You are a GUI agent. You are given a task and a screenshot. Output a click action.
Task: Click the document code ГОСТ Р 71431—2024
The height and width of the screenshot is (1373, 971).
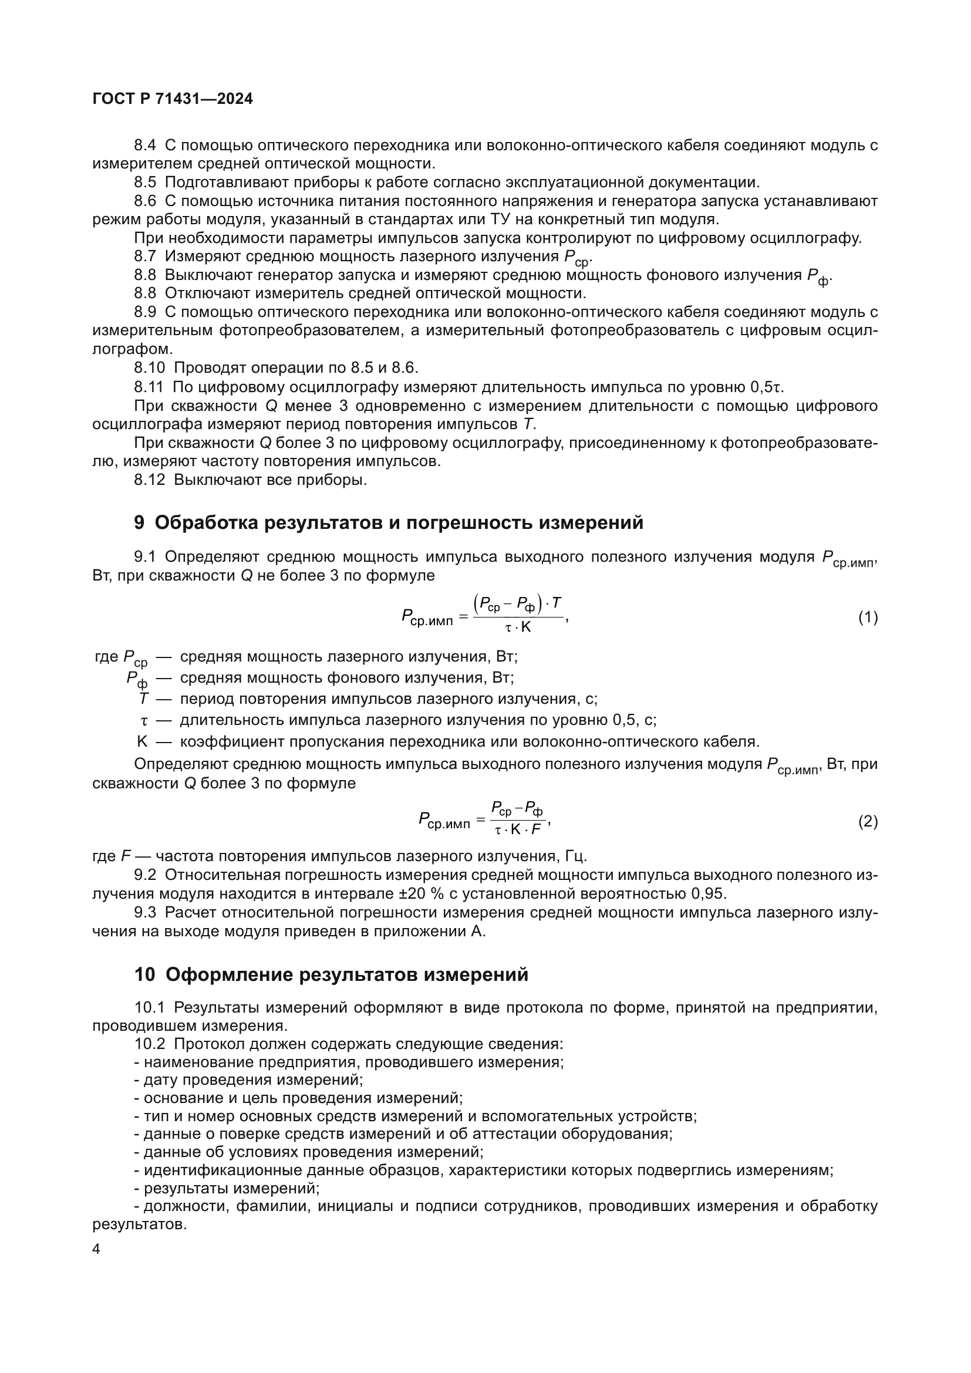tap(173, 99)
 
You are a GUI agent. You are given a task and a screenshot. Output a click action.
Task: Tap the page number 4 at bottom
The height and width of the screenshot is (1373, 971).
tap(96, 1249)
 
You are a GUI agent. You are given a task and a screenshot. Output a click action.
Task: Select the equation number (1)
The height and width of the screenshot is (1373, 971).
tap(868, 618)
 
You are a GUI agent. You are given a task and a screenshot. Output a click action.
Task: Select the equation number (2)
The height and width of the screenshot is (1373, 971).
tap(868, 822)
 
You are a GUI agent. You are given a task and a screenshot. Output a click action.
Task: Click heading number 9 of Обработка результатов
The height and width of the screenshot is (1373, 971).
tap(139, 522)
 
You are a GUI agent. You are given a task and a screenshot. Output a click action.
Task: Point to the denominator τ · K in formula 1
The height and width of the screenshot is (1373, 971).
tap(518, 627)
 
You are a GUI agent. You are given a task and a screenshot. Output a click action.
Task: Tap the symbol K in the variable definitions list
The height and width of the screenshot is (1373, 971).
tap(141, 742)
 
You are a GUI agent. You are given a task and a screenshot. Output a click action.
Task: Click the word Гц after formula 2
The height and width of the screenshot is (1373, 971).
tap(576, 856)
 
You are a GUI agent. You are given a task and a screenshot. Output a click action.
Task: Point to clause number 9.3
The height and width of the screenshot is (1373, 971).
tap(144, 913)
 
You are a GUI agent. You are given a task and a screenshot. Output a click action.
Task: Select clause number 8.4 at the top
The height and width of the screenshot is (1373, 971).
tap(144, 146)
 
